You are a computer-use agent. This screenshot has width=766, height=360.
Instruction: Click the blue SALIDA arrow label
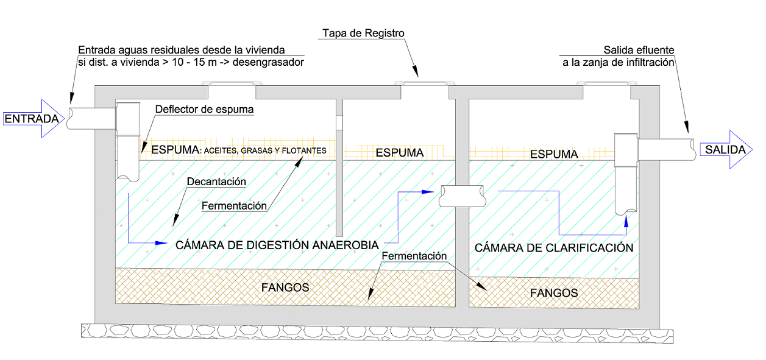(x=725, y=150)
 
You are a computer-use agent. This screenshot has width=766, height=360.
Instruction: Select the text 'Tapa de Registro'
(x=363, y=33)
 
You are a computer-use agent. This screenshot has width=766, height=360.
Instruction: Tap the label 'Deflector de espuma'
(x=204, y=110)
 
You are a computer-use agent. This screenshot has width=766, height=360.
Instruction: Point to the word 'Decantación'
(x=216, y=182)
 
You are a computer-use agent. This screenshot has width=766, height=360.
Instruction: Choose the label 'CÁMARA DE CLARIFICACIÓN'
(x=554, y=248)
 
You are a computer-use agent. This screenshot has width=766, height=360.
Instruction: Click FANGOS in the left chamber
(x=285, y=287)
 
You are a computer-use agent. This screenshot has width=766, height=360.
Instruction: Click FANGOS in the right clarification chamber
(x=553, y=292)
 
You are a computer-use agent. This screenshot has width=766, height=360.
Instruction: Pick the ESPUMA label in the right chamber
(x=554, y=154)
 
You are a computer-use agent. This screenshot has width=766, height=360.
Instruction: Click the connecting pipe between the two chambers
(x=463, y=197)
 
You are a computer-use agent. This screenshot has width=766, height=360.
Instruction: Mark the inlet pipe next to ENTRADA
(x=91, y=118)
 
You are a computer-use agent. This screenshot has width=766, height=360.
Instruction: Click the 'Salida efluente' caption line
(x=639, y=50)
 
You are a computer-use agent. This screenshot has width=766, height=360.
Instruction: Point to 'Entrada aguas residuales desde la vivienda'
(x=182, y=50)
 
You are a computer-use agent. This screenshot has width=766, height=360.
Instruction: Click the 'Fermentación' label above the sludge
(x=414, y=256)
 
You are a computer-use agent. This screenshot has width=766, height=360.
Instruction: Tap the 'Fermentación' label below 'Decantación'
(x=234, y=206)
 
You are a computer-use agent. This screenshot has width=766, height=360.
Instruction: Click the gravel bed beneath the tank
(x=378, y=331)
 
